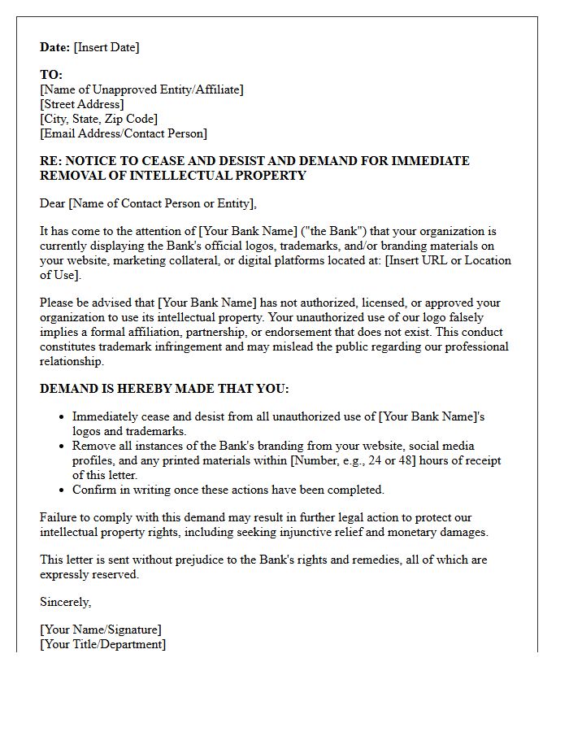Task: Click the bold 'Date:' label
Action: coord(55,47)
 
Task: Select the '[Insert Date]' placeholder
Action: coord(106,47)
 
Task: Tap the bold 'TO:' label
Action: coord(51,75)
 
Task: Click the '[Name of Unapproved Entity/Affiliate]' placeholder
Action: coord(141,89)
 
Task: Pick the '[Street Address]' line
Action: coord(82,104)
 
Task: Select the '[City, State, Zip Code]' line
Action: coord(98,119)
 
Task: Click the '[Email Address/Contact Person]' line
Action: coord(124,133)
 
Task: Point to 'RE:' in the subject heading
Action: coord(50,161)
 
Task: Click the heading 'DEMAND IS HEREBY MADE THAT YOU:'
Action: coord(164,389)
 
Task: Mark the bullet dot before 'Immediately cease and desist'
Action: coord(63,417)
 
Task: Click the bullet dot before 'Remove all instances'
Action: coord(63,447)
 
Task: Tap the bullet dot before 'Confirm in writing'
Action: coord(63,490)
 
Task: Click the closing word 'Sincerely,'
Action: coord(66,602)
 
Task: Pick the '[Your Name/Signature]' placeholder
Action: coord(101,630)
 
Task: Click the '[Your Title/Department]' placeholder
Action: coord(102,644)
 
